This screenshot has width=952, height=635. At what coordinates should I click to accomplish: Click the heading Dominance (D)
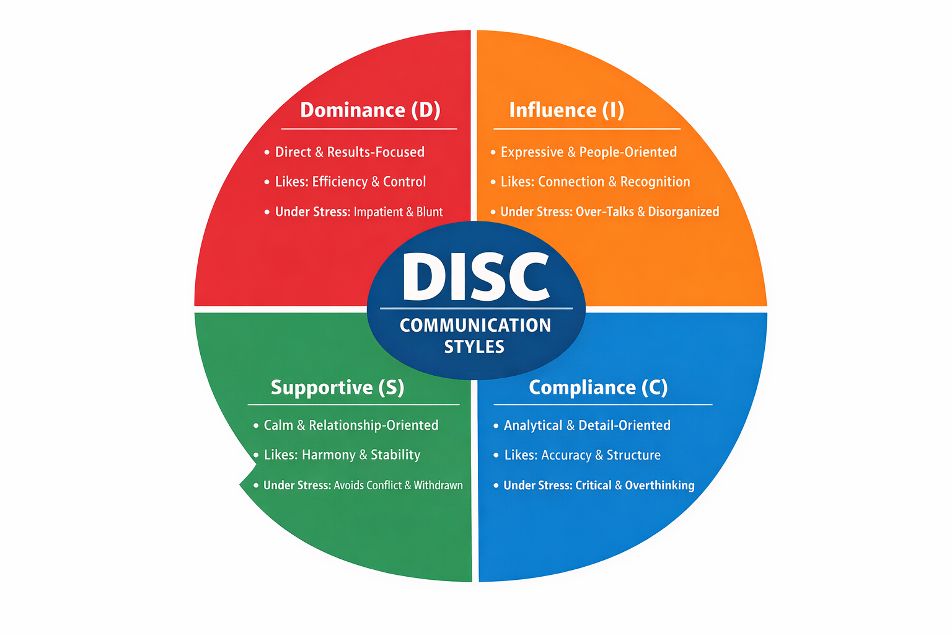click(370, 110)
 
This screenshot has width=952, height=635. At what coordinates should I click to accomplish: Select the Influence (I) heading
click(566, 110)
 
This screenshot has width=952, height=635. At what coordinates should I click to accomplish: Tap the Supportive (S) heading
click(337, 387)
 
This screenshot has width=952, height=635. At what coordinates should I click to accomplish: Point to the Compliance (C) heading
click(598, 387)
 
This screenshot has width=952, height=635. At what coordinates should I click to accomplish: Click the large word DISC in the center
click(475, 277)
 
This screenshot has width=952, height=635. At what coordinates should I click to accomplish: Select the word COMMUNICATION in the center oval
click(475, 325)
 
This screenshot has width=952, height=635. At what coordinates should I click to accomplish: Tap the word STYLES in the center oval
click(474, 347)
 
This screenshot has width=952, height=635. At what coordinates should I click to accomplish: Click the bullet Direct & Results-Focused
click(350, 152)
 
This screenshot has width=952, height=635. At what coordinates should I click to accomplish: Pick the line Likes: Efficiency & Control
click(350, 182)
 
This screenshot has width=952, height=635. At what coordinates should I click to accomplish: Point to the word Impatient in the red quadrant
click(378, 212)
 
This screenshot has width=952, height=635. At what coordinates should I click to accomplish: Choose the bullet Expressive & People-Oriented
click(588, 152)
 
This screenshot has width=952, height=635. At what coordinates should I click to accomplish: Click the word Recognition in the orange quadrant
click(655, 182)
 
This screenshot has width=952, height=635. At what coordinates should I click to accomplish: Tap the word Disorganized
click(683, 212)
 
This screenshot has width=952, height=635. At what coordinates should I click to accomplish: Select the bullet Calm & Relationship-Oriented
click(351, 425)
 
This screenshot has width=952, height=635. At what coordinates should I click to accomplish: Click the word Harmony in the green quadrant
click(328, 455)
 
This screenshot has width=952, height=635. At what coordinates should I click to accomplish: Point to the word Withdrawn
click(438, 485)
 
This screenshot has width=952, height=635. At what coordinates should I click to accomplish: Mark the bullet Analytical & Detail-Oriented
click(587, 425)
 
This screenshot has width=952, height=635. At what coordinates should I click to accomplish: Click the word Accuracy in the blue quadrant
click(566, 455)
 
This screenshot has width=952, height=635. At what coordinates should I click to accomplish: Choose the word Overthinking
click(659, 485)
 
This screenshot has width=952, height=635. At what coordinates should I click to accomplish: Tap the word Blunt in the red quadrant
click(430, 212)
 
